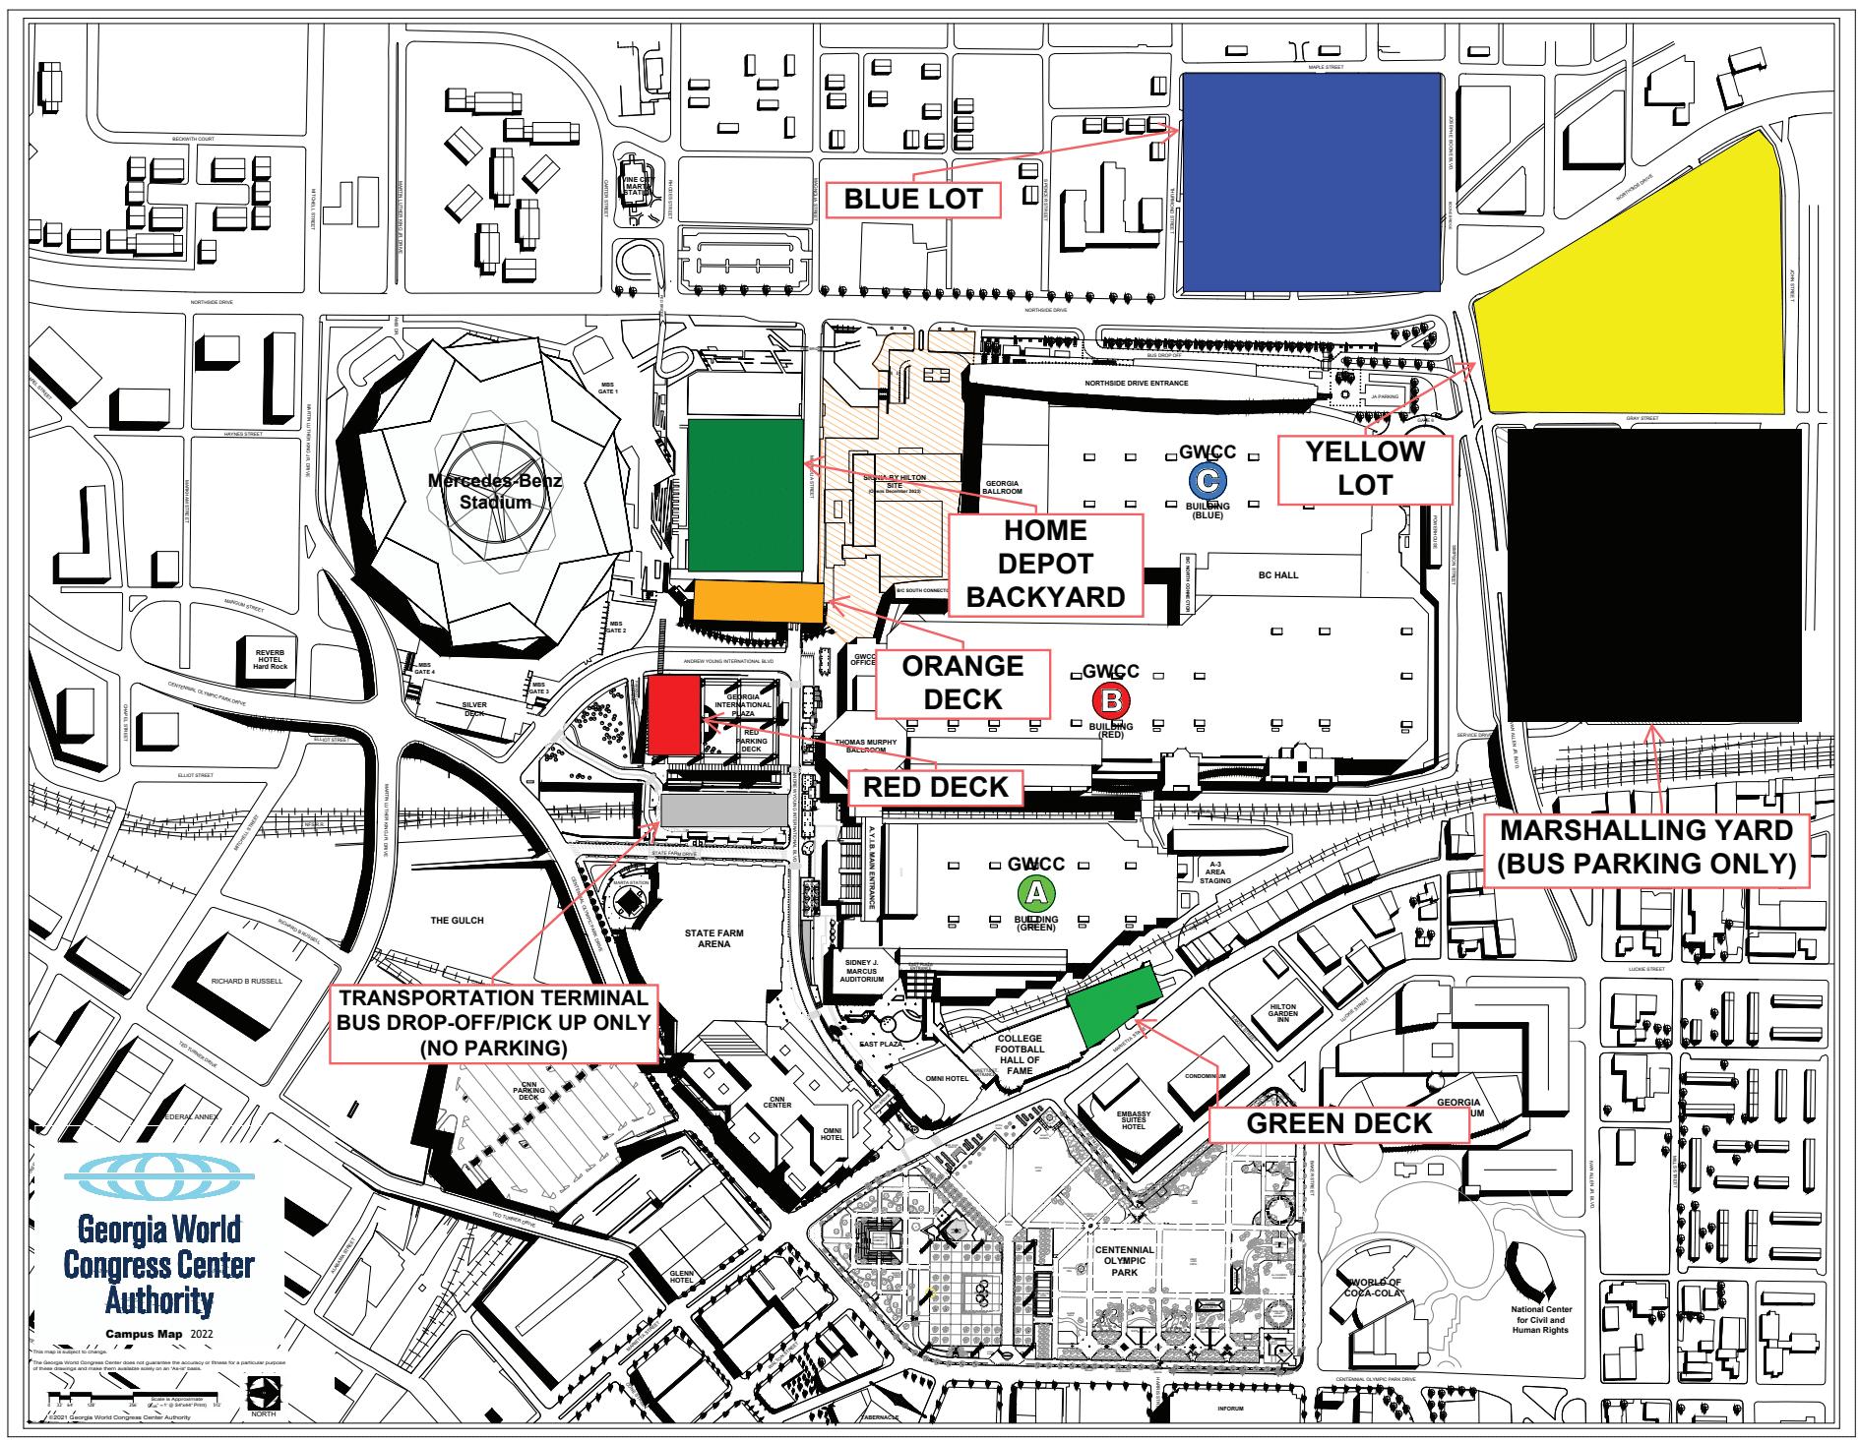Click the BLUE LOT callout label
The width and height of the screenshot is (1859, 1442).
click(x=913, y=199)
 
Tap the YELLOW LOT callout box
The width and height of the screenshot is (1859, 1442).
click(x=1365, y=467)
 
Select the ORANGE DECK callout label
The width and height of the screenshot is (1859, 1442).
click(x=963, y=683)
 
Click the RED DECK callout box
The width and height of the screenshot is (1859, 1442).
click(x=935, y=787)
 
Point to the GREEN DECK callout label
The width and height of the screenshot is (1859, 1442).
click(x=1338, y=1123)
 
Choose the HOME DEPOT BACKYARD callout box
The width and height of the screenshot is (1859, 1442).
click(x=1045, y=564)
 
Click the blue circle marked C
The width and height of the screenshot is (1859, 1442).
click(x=1207, y=480)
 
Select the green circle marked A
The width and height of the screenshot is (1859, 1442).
click(x=1034, y=892)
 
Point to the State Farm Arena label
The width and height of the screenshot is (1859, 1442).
click(x=714, y=937)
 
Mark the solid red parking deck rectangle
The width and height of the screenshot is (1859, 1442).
click(x=673, y=716)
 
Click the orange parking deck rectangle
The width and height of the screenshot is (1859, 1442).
click(x=759, y=601)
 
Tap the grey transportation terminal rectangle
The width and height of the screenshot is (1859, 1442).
click(x=724, y=811)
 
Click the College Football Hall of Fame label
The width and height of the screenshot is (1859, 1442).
click(x=1019, y=1054)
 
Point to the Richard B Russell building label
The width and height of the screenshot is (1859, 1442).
click(x=247, y=981)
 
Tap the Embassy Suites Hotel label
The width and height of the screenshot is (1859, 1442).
click(x=1134, y=1119)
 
